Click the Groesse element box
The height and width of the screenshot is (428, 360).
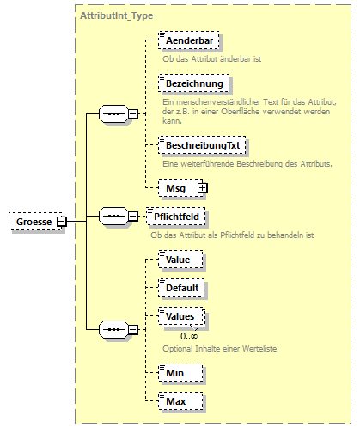coord(32,223)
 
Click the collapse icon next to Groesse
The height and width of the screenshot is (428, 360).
coord(62,223)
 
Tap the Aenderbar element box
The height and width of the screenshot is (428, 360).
coord(188,40)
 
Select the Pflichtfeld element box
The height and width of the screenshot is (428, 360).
coord(179,216)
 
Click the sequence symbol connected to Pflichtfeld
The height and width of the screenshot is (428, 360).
coord(113,217)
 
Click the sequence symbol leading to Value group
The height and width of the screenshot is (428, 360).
coord(113,328)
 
